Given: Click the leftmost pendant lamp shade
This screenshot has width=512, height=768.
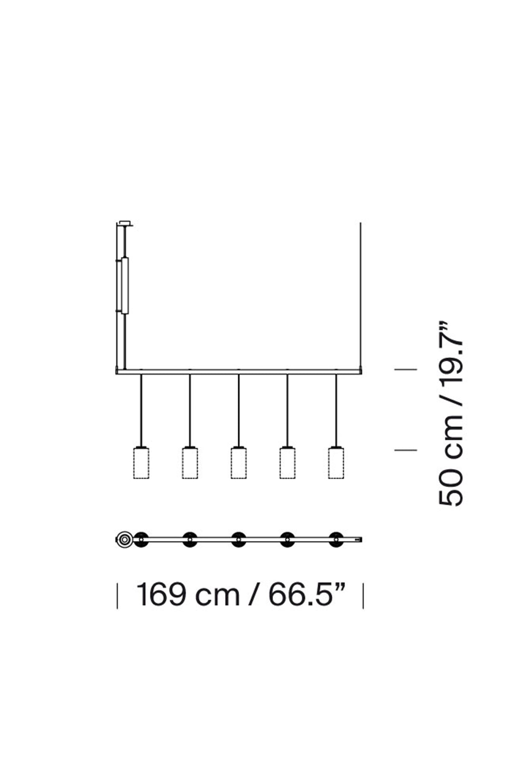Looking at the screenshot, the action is click(141, 463).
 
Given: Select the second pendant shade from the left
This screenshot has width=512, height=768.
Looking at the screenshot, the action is click(190, 463).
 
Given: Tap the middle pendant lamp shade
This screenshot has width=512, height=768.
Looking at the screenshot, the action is click(239, 463).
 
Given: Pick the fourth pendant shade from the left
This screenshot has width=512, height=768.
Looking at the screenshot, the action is click(287, 463).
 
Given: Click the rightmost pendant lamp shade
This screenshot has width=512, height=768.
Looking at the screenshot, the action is click(336, 463).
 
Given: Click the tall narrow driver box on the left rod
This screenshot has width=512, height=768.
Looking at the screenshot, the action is click(125, 285).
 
